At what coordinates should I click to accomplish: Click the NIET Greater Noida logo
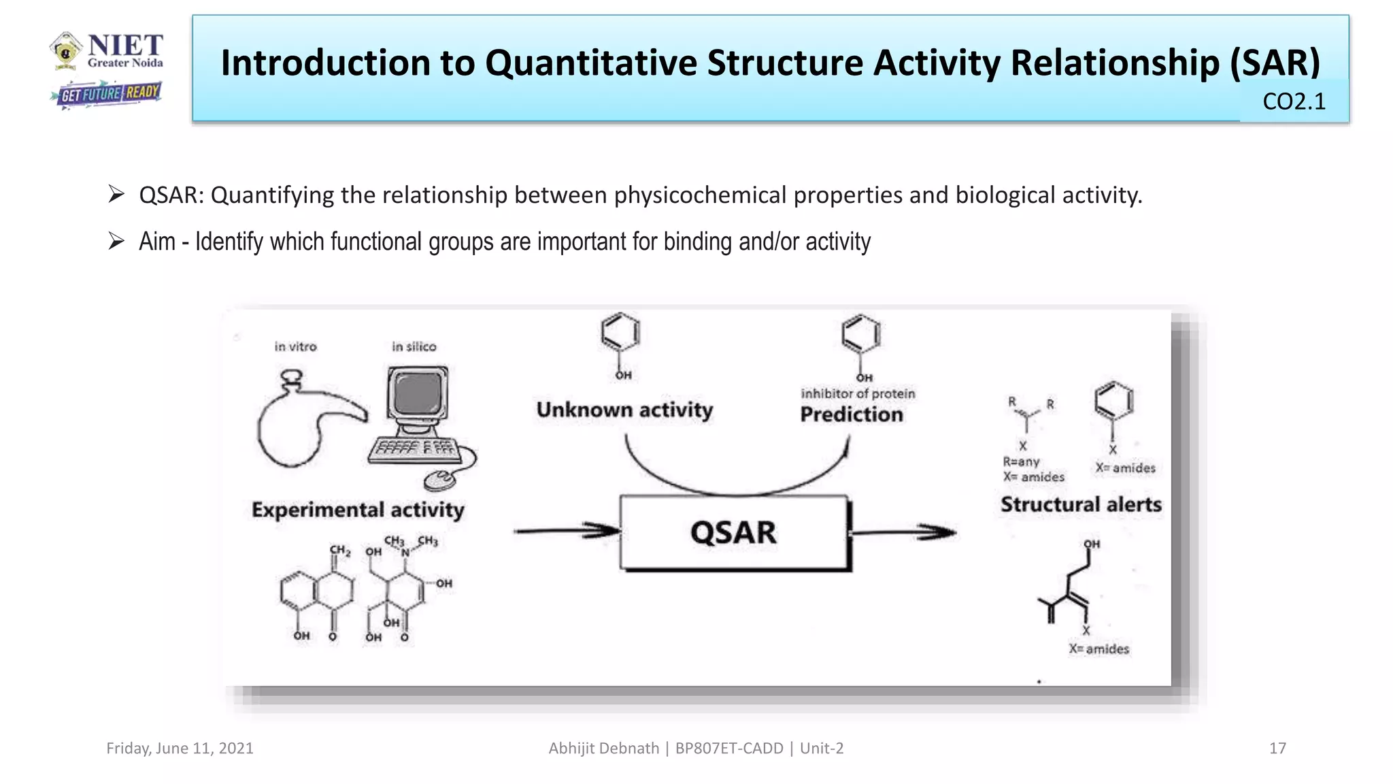coord(107,51)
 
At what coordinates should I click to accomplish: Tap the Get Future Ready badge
coord(107,94)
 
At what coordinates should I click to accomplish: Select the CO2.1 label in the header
coord(1294,101)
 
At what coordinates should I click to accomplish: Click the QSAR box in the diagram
coord(733,532)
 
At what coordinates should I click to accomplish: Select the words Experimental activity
coord(358,510)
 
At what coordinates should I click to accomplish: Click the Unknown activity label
coord(624,410)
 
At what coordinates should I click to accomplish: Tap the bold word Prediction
coord(852,414)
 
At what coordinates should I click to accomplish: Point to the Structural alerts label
coord(1081,504)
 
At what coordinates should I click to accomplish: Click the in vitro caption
coord(295,346)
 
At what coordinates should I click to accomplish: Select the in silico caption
coord(414,346)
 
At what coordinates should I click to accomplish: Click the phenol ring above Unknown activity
coord(620,333)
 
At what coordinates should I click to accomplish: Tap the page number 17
coord(1277,749)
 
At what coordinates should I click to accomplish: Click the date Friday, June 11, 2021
coord(180,749)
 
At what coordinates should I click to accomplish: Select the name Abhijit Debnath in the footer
coord(603,749)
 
